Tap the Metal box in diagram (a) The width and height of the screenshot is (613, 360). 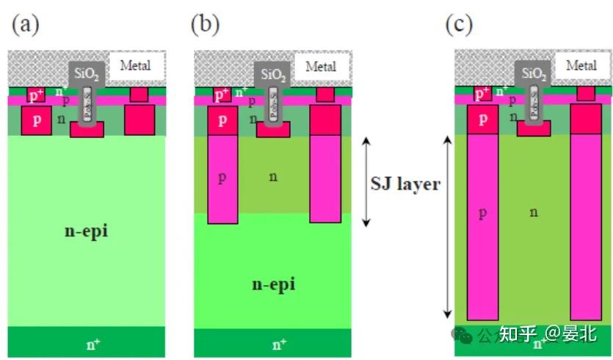tap(136, 65)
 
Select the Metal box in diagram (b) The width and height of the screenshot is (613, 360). tap(321, 67)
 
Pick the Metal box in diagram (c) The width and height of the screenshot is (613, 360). tap(581, 65)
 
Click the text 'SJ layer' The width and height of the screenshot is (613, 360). tap(405, 184)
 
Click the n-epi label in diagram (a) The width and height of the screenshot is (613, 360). tap(86, 231)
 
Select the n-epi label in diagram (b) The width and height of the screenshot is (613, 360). tap(273, 284)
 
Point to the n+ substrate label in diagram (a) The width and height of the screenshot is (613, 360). tap(86, 342)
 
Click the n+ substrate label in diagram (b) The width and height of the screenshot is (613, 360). tap(279, 344)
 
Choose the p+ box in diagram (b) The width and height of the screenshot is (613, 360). tap(222, 96)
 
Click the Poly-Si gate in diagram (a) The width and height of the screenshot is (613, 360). tap(87, 104)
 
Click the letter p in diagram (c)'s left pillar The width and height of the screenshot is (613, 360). tap(482, 212)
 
